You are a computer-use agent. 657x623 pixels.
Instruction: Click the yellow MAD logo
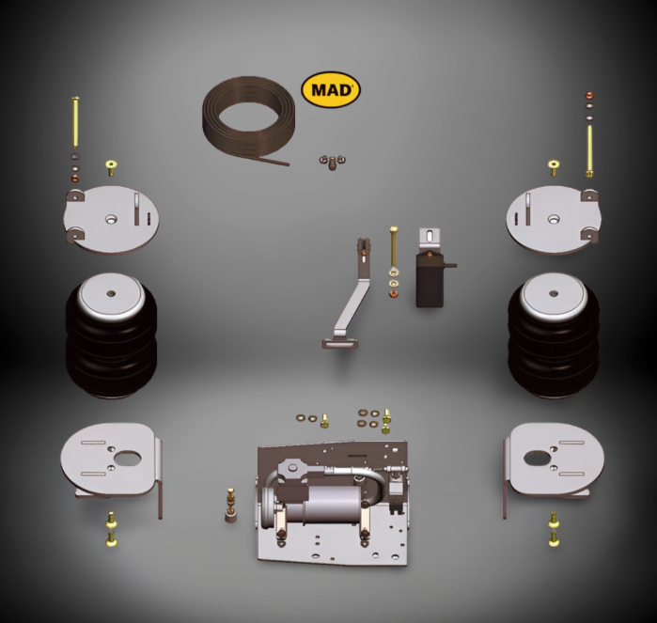(x=330, y=91)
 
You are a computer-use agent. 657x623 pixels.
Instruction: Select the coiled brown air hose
(x=247, y=118)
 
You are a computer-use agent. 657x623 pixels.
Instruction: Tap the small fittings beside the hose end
(x=329, y=163)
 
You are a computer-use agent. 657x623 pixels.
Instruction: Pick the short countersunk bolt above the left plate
(x=110, y=168)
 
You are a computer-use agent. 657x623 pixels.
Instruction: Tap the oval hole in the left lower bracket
(x=126, y=460)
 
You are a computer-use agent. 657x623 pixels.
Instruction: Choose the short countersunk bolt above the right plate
(x=554, y=169)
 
